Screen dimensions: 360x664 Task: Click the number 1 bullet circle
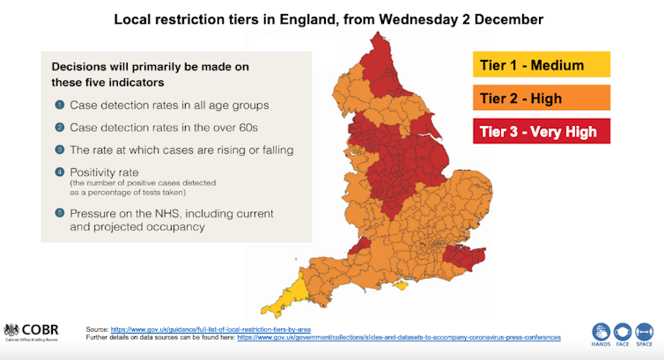pyautogui.click(x=60, y=106)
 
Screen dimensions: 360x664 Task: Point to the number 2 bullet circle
pyautogui.click(x=60, y=128)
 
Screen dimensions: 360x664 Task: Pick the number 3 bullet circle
pyautogui.click(x=60, y=150)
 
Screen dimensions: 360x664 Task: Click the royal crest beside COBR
pyautogui.click(x=12, y=329)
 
